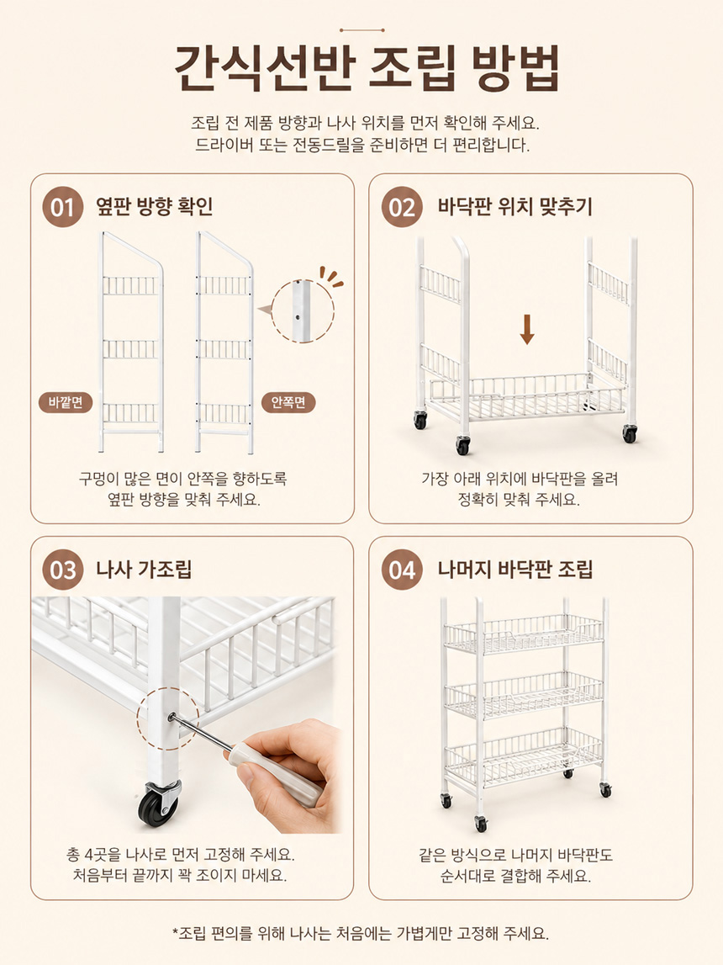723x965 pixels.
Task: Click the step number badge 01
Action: coord(63,207)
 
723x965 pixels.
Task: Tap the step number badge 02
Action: coord(402,207)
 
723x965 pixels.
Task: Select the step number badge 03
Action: coord(63,570)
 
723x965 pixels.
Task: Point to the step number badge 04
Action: coord(402,570)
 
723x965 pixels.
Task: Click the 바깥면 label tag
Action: coord(66,402)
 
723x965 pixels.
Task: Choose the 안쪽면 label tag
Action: coord(288,402)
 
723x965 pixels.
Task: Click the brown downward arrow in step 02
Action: coord(527,329)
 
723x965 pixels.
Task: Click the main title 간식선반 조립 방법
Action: coord(367,67)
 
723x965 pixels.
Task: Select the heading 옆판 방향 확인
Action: coord(155,206)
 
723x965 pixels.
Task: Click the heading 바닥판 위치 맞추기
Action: coord(515,206)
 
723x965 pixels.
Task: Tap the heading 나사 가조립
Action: coord(144,570)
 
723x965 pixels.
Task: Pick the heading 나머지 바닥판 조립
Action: coord(515,570)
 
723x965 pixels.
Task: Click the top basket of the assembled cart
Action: coord(524,634)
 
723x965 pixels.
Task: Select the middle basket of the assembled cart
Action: coord(524,695)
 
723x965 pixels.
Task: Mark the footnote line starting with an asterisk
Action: coord(361,933)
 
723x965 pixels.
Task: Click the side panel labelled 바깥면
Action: coord(131,342)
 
